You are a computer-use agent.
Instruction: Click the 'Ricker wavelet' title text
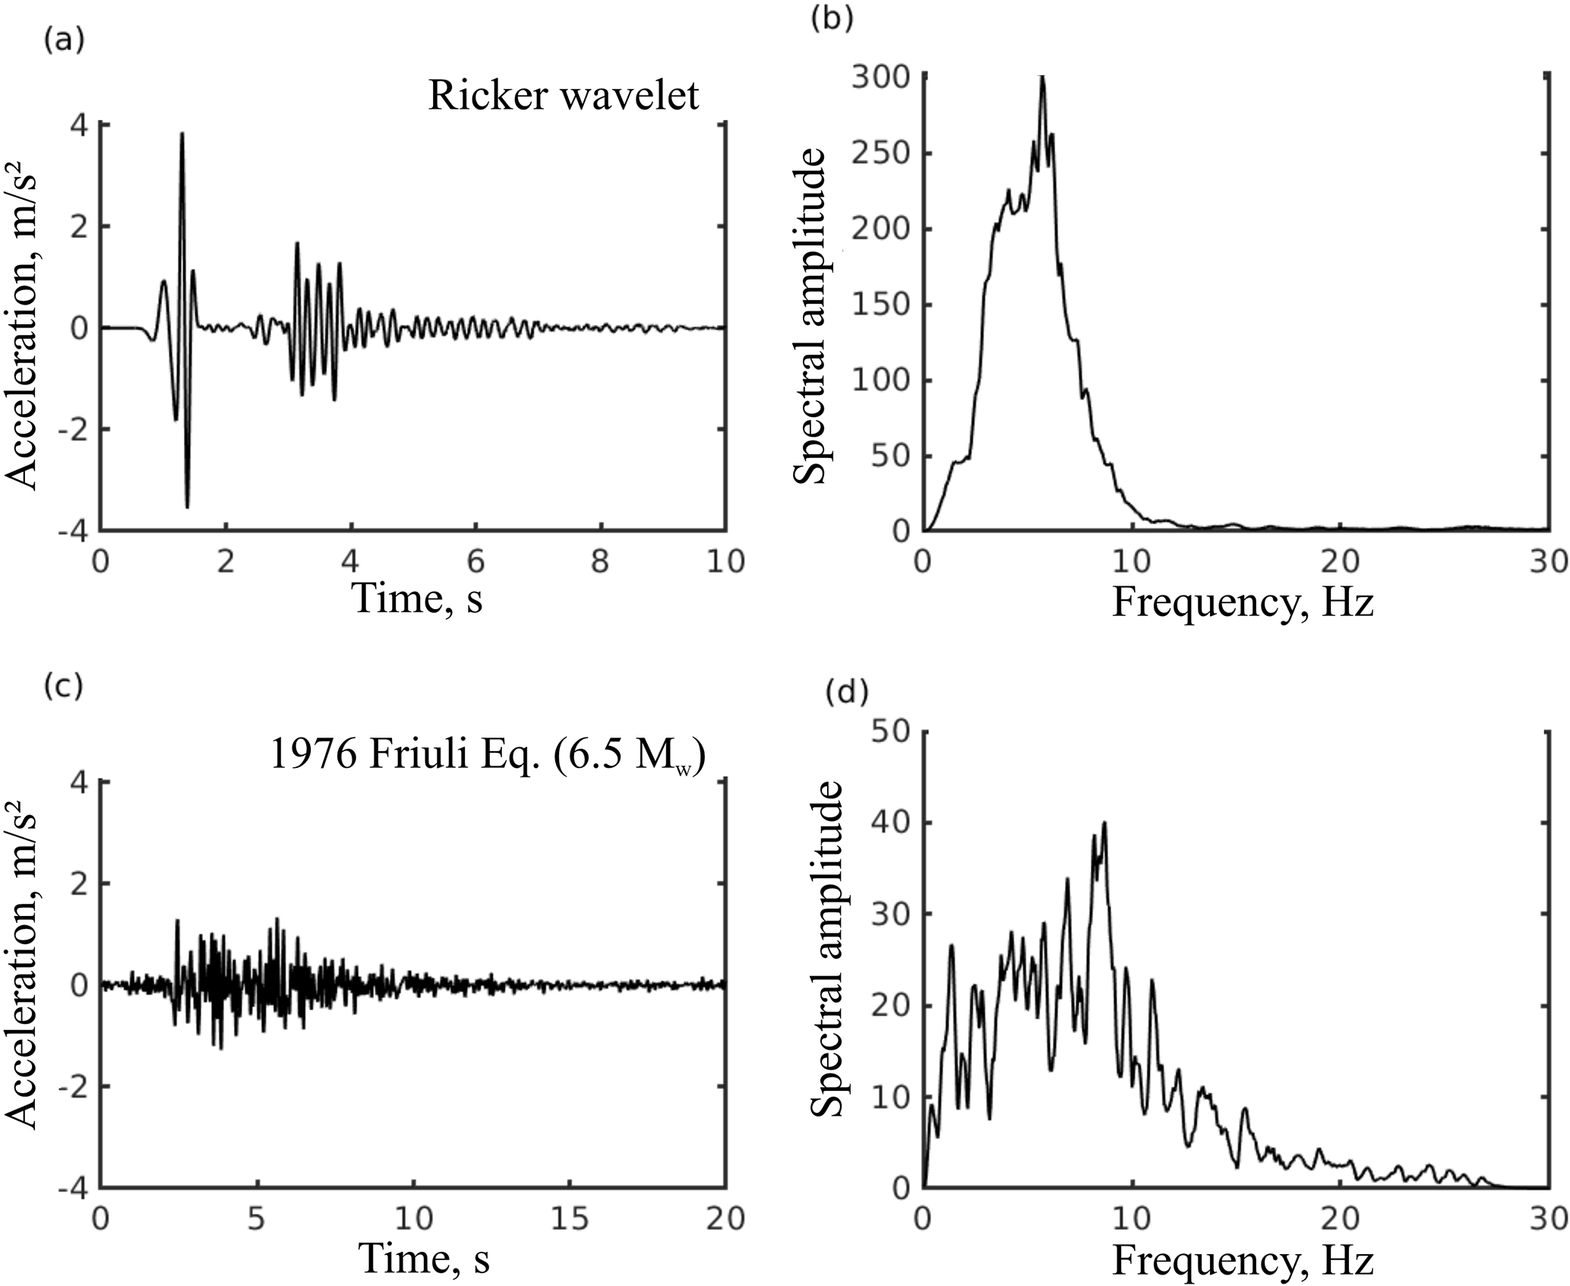click(563, 96)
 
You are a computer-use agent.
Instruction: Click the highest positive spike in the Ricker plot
click(182, 134)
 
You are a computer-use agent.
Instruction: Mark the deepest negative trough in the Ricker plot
click(188, 506)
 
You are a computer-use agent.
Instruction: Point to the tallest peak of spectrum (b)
click(1043, 77)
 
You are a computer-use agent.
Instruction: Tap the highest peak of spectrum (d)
click(1104, 823)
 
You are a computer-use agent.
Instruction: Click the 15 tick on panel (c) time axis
click(569, 1219)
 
